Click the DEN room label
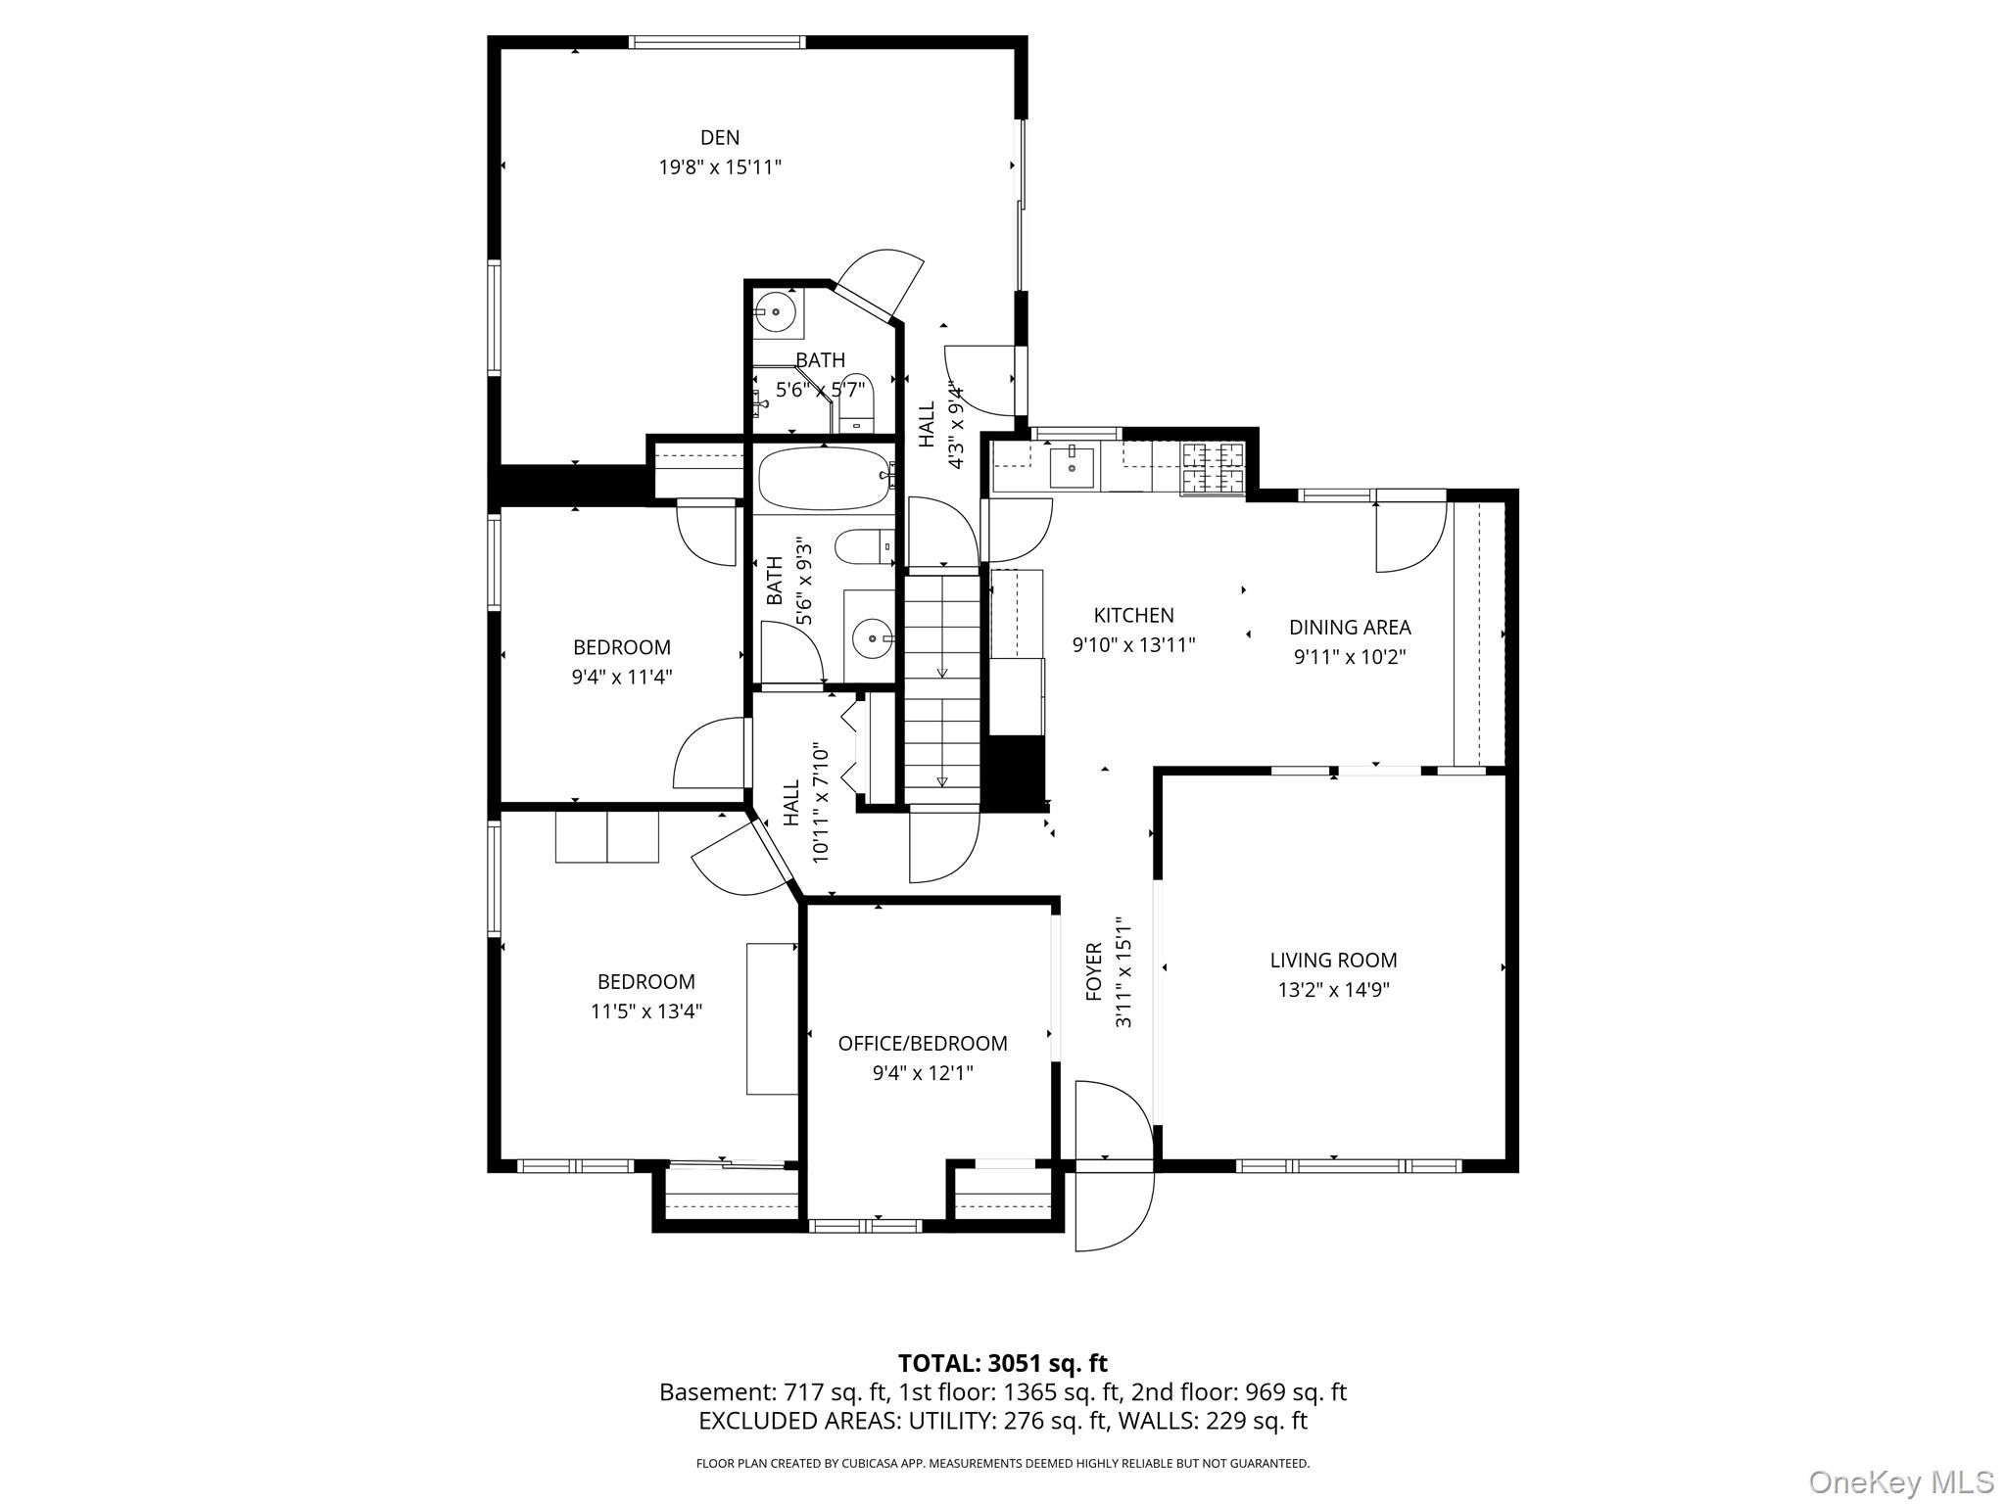pyautogui.click(x=719, y=138)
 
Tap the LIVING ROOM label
pyautogui.click(x=1333, y=961)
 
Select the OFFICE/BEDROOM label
pyautogui.click(x=923, y=1044)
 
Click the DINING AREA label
pyautogui.click(x=1350, y=628)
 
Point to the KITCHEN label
pyautogui.click(x=1133, y=616)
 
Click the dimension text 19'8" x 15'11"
pyautogui.click(x=720, y=167)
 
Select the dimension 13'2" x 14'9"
pyautogui.click(x=1333, y=990)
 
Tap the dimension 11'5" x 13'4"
pyautogui.click(x=646, y=1011)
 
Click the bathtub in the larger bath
pyautogui.click(x=825, y=479)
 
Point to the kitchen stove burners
pyautogui.click(x=1213, y=469)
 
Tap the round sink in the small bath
pyautogui.click(x=776, y=312)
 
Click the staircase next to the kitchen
pyautogui.click(x=941, y=689)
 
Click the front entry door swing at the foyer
pyautogui.click(x=1114, y=1165)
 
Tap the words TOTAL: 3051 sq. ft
pyautogui.click(x=1003, y=1363)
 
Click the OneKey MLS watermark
pyautogui.click(x=1901, y=1482)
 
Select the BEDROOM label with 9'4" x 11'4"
pyautogui.click(x=622, y=647)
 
